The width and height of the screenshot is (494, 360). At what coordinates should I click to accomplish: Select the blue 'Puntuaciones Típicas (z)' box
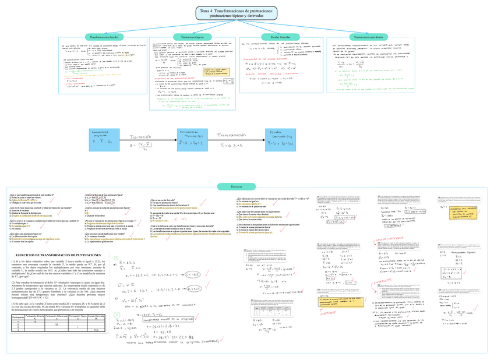click(188, 138)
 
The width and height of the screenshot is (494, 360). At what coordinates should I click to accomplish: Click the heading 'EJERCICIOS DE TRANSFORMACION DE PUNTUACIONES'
click(57, 256)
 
